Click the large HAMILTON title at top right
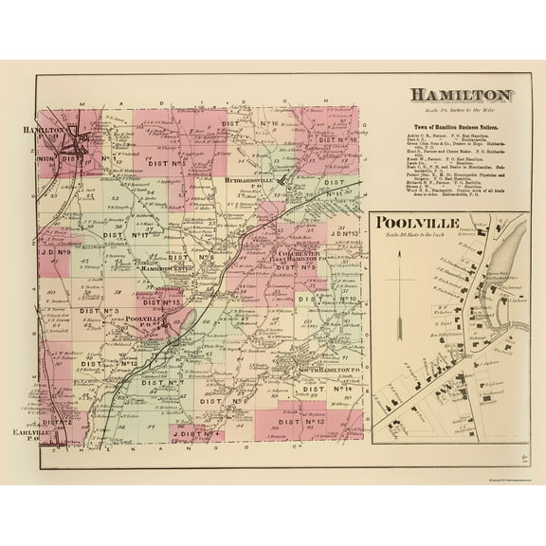pyautogui.click(x=462, y=96)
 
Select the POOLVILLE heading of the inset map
pyautogui.click(x=418, y=223)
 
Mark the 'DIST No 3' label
pyautogui.click(x=99, y=310)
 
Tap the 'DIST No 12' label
pyautogui.click(x=122, y=363)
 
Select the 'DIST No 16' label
pyautogui.click(x=260, y=125)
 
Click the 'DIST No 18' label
pyautogui.click(x=337, y=140)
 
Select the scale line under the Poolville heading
pyautogui.click(x=417, y=235)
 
